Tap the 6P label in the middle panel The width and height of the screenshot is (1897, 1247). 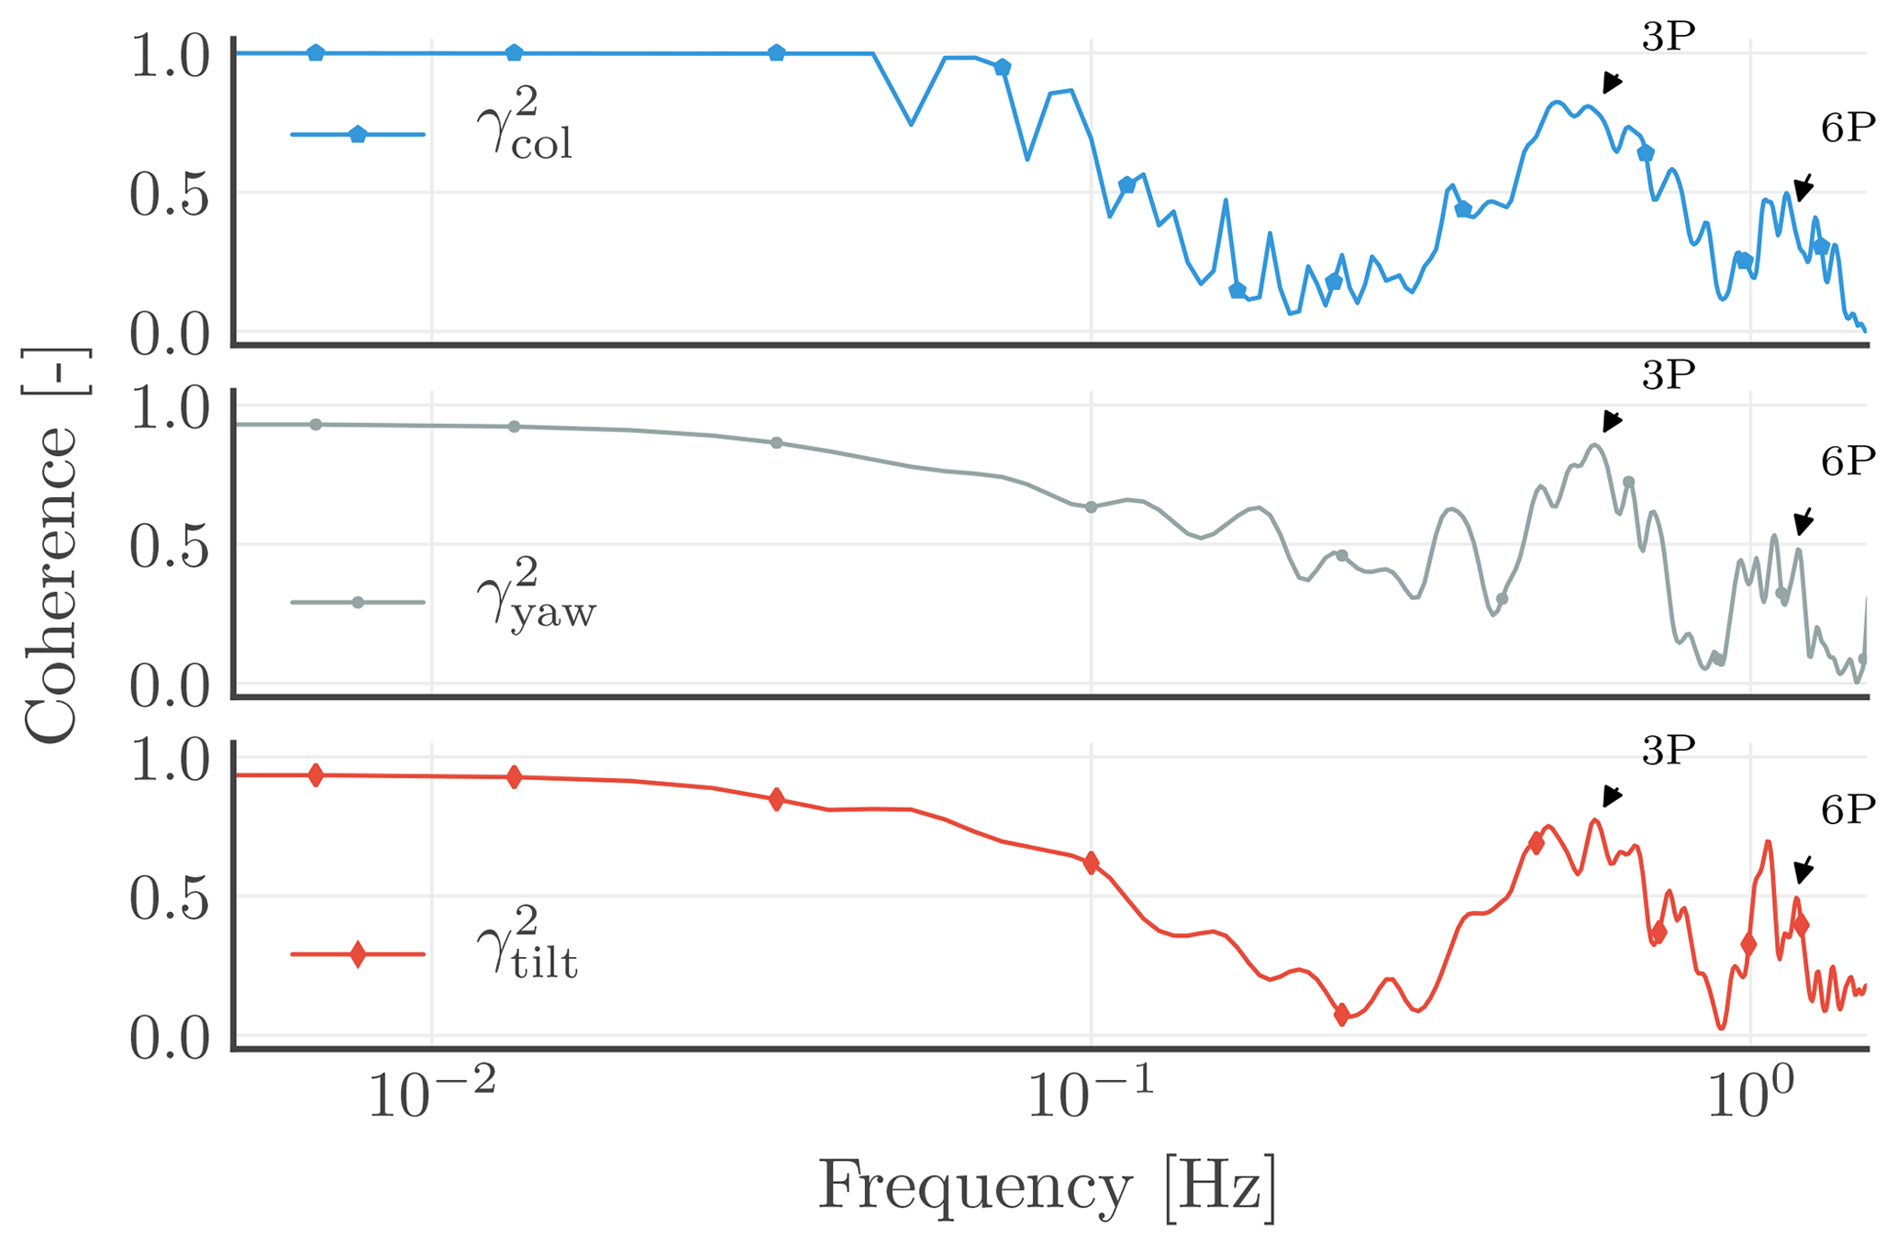(1847, 462)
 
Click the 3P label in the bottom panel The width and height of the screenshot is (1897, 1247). (1668, 752)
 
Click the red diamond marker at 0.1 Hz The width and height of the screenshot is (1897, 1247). (1091, 863)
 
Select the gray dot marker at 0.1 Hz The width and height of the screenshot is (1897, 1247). (1091, 507)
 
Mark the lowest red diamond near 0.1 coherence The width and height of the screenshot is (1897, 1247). (1341, 1015)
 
